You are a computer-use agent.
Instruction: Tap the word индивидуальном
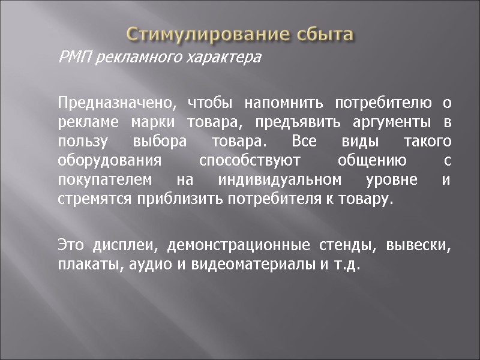click(281, 181)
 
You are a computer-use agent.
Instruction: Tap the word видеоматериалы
click(247, 265)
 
